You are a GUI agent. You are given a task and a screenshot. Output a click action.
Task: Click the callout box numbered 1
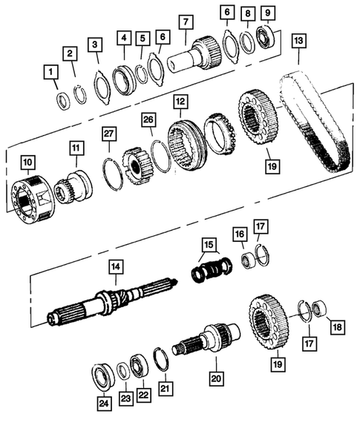tap(50, 72)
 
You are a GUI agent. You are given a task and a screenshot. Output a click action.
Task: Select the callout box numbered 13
tap(299, 39)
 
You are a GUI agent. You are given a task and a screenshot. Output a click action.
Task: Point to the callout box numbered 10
tap(28, 162)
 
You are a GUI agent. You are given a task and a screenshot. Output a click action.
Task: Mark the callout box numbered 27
tap(109, 134)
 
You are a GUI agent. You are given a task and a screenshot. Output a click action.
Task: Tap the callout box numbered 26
tap(149, 119)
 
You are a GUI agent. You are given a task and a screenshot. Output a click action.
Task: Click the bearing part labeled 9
tap(265, 35)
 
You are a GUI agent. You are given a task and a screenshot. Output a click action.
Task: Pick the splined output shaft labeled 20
tap(208, 342)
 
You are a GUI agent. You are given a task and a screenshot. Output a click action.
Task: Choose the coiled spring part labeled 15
tap(208, 268)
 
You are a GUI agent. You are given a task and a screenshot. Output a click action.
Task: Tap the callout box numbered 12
tap(180, 99)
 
